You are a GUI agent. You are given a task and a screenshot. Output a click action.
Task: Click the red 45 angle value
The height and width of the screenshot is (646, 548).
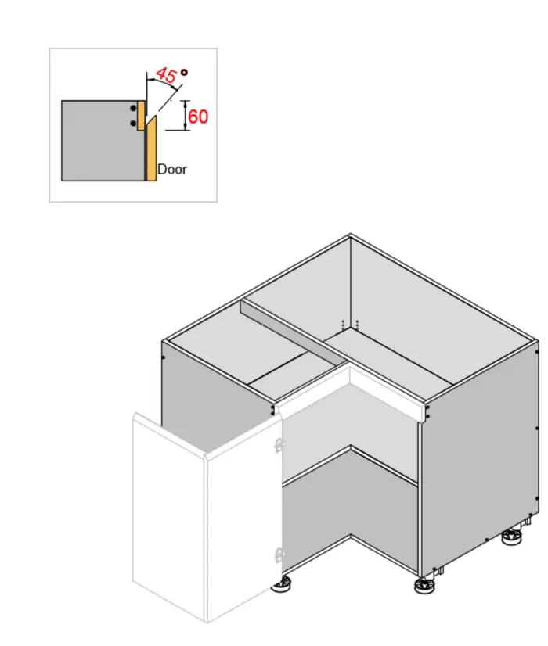[x=165, y=75]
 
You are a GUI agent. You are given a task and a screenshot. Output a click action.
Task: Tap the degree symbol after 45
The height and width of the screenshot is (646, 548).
[x=184, y=72]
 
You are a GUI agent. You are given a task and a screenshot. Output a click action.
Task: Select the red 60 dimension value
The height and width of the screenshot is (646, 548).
[x=199, y=117]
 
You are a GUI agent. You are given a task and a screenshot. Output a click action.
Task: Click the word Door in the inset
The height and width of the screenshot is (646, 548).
[x=172, y=168]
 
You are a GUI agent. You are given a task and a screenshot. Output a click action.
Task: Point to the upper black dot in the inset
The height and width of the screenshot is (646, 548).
[x=134, y=108]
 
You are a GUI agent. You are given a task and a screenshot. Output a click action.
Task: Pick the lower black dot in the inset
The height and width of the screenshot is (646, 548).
[x=134, y=123]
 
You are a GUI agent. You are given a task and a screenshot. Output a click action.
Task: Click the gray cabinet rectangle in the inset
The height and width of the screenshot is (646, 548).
[x=98, y=141]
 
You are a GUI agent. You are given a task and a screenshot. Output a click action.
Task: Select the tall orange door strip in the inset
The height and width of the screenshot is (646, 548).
[x=152, y=153]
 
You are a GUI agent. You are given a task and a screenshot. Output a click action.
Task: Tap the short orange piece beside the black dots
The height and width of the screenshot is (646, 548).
[x=142, y=115]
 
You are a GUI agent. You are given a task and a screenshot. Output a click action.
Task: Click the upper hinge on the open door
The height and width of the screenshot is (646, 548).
[x=278, y=444]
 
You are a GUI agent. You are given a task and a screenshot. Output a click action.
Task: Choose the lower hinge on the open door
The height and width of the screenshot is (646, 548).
[x=278, y=557]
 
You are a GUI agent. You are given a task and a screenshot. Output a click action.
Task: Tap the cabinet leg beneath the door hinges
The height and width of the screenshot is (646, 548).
[x=283, y=583]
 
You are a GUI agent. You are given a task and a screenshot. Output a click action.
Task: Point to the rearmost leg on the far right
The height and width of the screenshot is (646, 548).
[x=513, y=537]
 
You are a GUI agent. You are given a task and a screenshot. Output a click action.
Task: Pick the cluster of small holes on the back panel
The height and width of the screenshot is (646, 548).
[x=350, y=323]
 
